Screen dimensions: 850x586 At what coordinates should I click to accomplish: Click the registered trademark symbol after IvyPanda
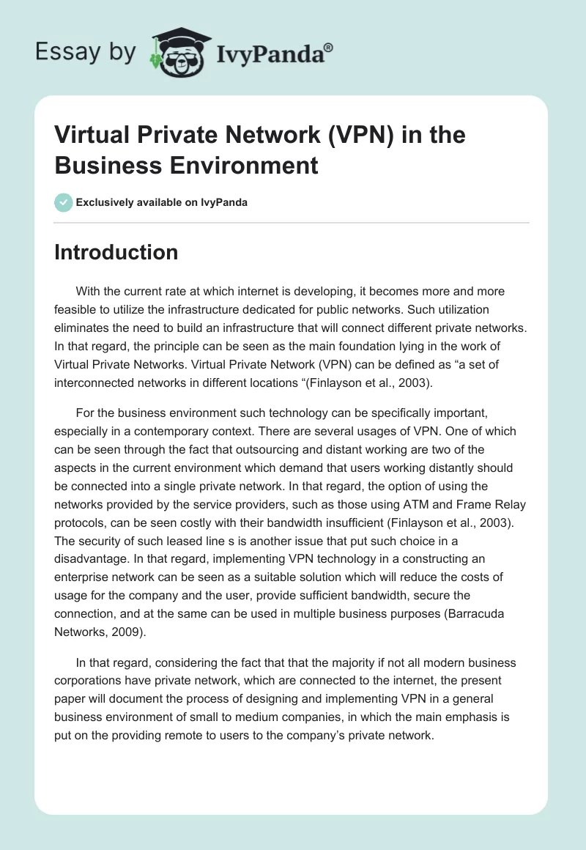pyautogui.click(x=328, y=48)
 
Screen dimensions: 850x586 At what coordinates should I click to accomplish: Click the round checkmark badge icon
pyautogui.click(x=64, y=202)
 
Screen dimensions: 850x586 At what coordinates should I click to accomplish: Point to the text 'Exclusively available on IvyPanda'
pyautogui.click(x=162, y=202)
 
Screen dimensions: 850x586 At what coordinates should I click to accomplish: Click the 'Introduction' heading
pyautogui.click(x=116, y=252)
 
